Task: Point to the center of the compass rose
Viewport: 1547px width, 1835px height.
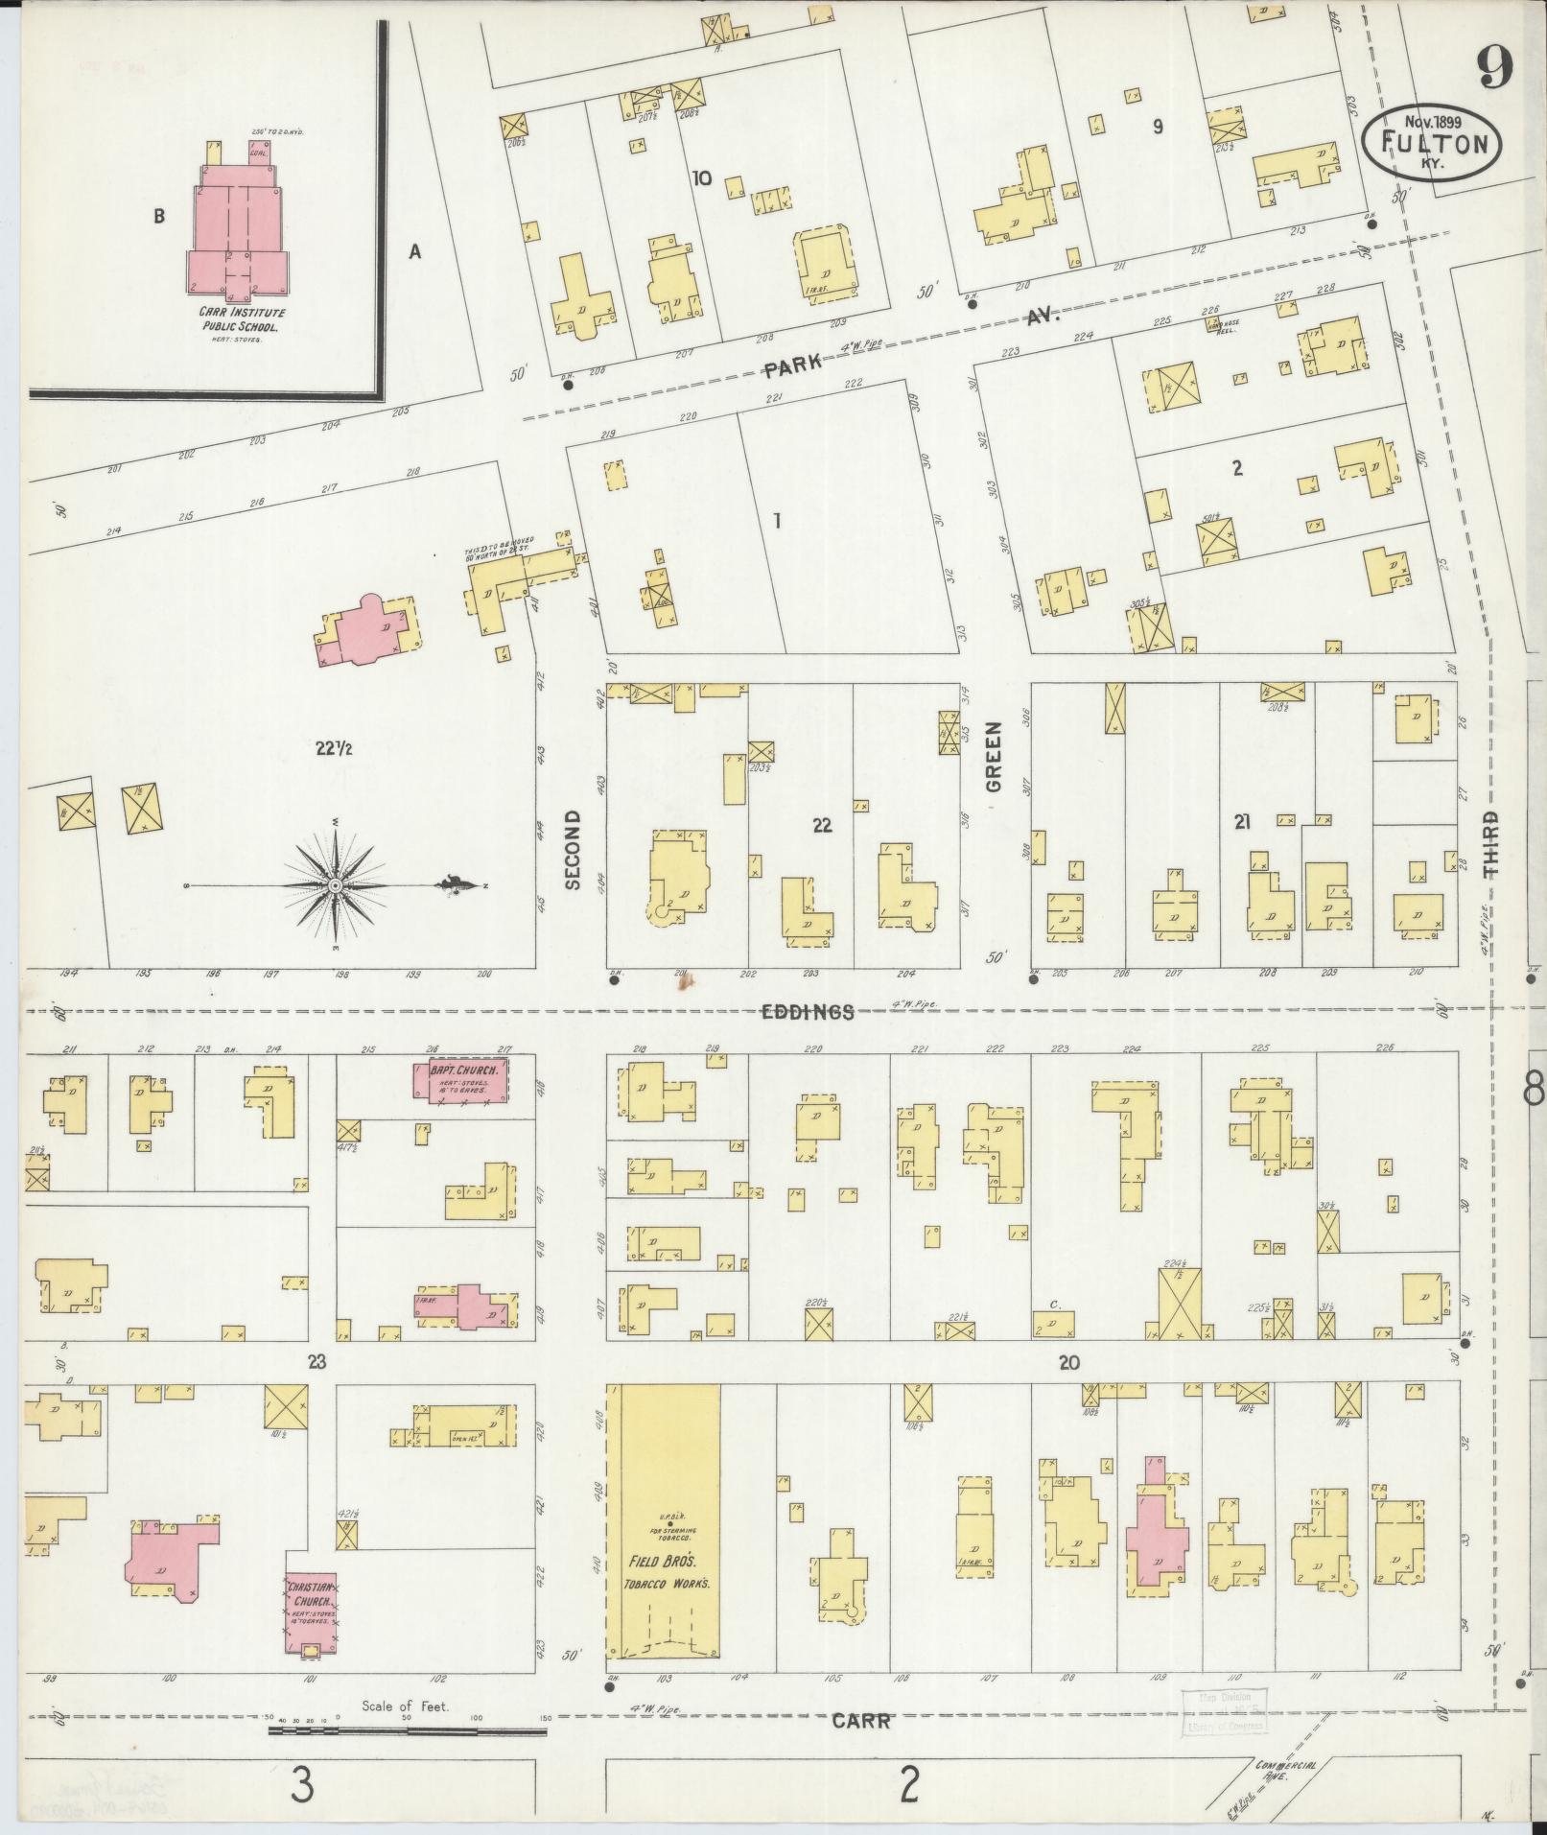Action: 337,886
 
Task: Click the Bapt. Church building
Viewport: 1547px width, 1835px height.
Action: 461,1080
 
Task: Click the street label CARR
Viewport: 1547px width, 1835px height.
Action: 860,1721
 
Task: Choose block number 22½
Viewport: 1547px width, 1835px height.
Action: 334,749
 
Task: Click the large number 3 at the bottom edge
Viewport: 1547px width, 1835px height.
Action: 303,1784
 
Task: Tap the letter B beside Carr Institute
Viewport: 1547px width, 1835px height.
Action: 159,217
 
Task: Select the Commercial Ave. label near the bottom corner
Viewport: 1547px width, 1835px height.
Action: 1285,1770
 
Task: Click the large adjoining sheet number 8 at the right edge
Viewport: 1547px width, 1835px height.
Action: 1533,1088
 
